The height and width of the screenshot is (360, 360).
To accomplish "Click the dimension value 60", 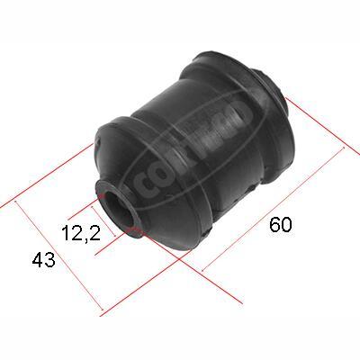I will tap(280, 226).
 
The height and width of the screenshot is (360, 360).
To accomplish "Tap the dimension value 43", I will tap(43, 260).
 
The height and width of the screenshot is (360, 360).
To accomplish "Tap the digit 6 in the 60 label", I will tap(274, 226).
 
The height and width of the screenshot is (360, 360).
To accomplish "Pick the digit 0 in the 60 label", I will tap(286, 226).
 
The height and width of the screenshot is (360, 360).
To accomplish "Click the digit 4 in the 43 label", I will tap(37, 260).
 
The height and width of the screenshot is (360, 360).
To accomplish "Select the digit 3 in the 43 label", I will tap(49, 260).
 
